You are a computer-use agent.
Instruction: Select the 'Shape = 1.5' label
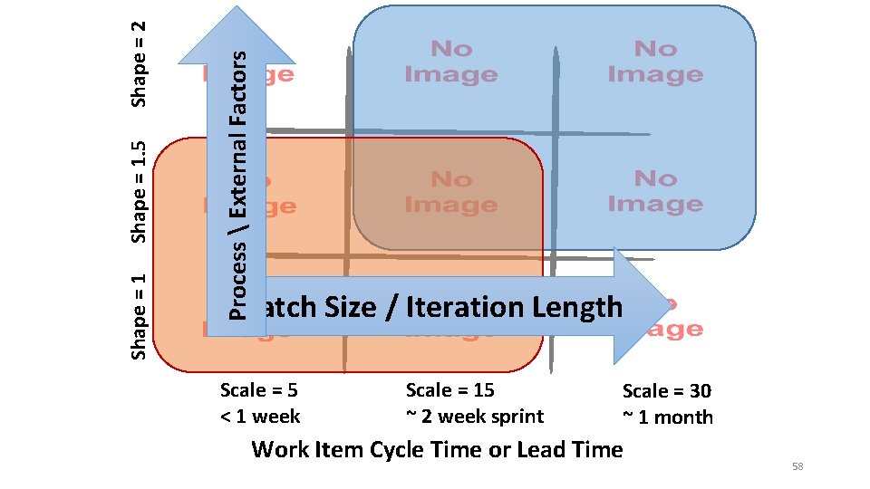(140, 191)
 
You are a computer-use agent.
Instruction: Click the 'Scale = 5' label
(259, 390)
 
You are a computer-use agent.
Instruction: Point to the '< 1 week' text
(260, 417)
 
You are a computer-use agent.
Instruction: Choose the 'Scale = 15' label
(449, 390)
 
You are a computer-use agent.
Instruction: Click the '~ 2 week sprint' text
(474, 417)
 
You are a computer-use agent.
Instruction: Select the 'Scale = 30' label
(666, 391)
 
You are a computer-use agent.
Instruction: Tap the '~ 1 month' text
(667, 417)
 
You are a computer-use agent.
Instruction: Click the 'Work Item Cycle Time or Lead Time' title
(437, 449)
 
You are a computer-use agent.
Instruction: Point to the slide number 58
(797, 466)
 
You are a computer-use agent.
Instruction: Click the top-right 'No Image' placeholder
(655, 62)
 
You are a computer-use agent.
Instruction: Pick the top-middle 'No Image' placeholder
(450, 62)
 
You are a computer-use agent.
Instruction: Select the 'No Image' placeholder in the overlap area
(450, 193)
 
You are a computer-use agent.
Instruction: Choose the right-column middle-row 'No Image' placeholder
(655, 192)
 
